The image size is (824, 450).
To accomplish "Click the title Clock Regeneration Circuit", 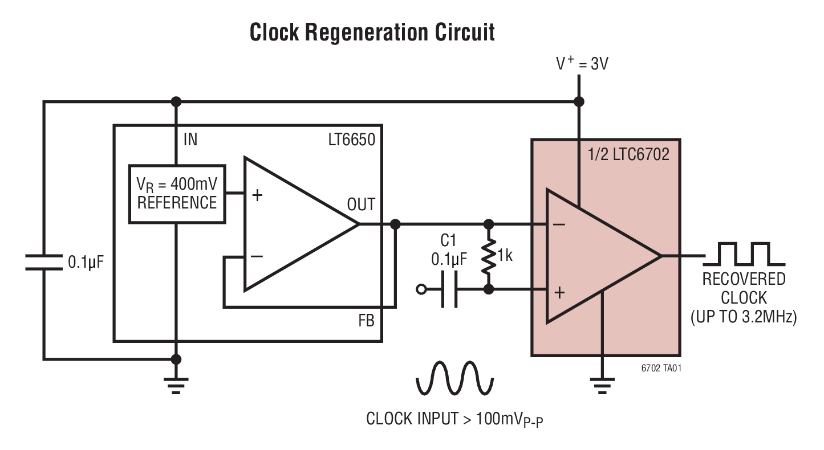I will click(x=372, y=32).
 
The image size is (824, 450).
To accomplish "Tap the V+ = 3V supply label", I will click(x=582, y=63).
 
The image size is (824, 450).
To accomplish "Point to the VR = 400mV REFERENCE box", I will click(x=177, y=194).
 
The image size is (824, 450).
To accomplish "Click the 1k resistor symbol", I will click(x=489, y=257).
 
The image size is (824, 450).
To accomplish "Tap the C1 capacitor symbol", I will click(x=449, y=289).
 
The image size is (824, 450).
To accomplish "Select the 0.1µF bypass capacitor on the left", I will click(x=44, y=262).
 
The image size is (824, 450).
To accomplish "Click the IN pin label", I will click(x=190, y=139).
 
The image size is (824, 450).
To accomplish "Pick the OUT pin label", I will click(x=360, y=204).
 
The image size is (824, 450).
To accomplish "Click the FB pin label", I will click(x=366, y=321).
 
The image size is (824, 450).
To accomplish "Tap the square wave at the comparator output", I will click(x=744, y=254).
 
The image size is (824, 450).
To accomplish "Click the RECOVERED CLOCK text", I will click(x=744, y=288).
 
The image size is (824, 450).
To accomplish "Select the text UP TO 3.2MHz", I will click(x=744, y=317).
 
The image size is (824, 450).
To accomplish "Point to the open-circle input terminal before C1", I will click(x=421, y=289).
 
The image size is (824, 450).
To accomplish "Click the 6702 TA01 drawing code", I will click(x=661, y=368).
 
